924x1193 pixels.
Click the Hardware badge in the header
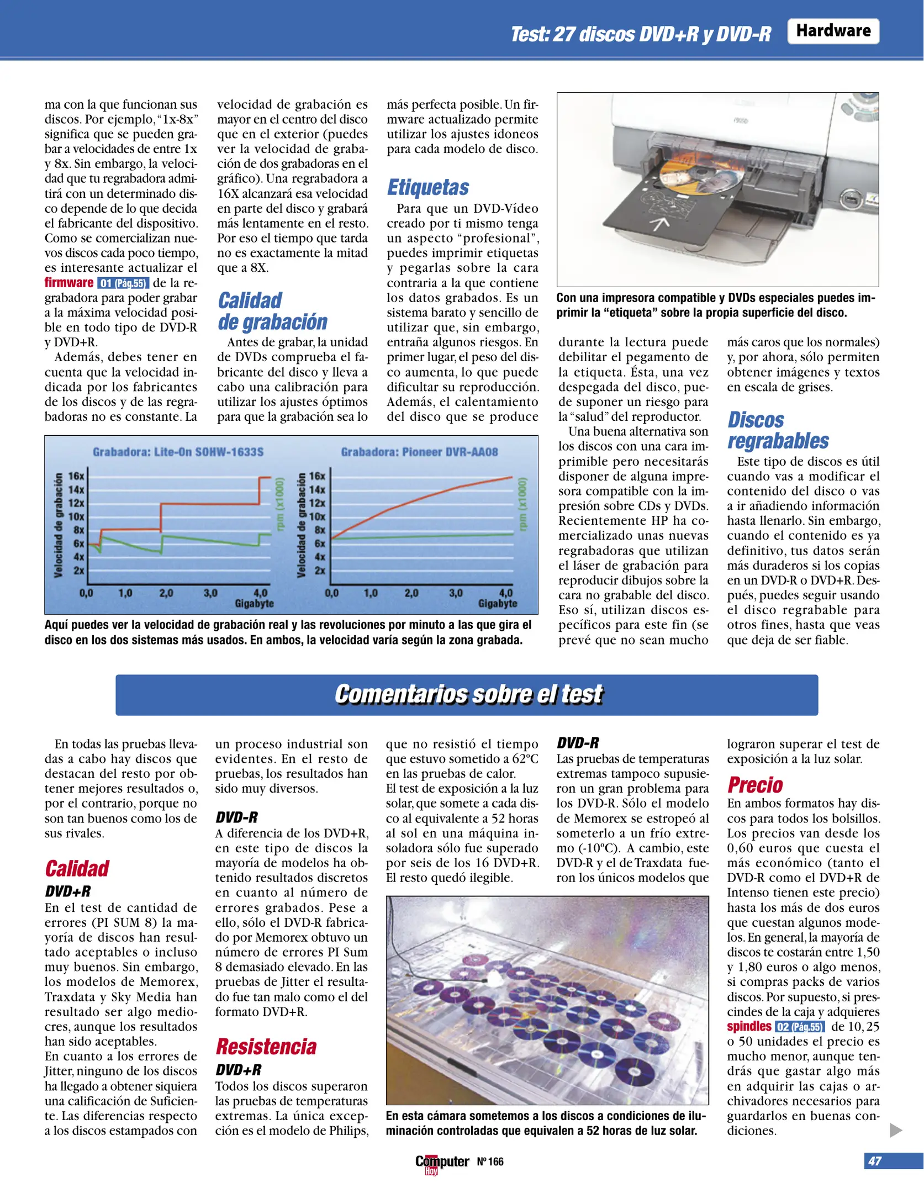coord(832,31)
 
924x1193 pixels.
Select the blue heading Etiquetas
coord(427,187)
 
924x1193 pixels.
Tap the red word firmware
coord(69,283)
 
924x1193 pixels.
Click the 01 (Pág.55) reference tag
coord(123,283)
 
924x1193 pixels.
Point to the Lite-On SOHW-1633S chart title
coord(178,452)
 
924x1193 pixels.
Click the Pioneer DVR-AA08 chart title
coord(419,452)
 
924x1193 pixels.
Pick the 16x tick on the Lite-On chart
coord(76,476)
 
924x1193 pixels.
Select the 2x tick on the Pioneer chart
coord(319,571)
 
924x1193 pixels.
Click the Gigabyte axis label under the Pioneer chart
coord(497,604)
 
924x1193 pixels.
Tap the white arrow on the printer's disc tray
coord(659,223)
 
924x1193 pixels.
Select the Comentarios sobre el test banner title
coord(467,694)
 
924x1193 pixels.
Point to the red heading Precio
coord(755,785)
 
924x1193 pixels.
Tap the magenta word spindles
coord(748,1027)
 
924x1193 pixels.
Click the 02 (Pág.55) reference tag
coord(800,1027)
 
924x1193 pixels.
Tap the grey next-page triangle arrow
coord(895,1130)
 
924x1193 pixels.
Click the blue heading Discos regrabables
coord(777,430)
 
